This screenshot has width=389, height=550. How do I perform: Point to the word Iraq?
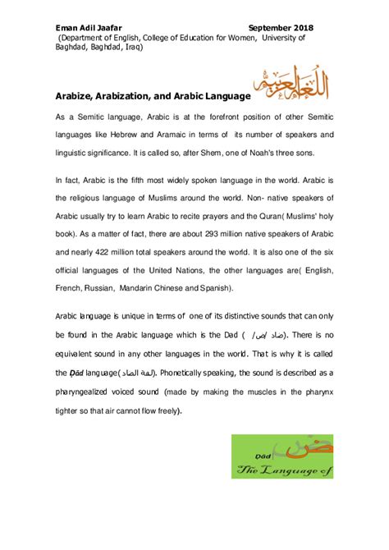134,48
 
